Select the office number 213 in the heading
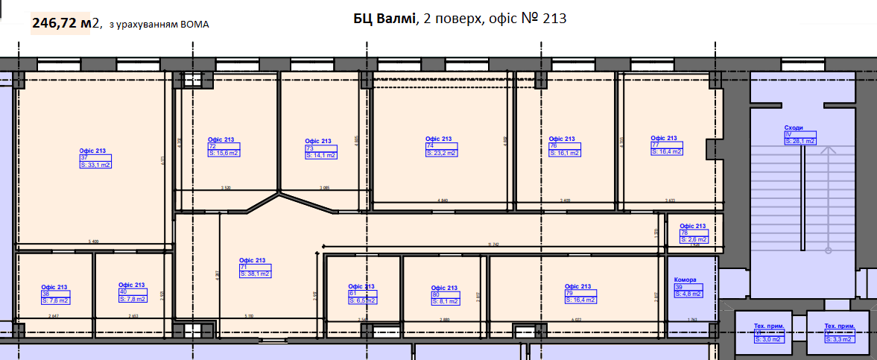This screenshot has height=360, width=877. [555, 19]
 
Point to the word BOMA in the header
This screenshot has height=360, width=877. [194, 25]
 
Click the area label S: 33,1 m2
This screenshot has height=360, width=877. [95, 165]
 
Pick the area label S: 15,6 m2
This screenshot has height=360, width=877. [224, 154]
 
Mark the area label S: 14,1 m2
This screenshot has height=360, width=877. [321, 155]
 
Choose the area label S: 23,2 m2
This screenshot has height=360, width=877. [441, 153]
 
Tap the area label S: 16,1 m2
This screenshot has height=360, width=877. [564, 153]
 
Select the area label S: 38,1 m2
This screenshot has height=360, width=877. [255, 274]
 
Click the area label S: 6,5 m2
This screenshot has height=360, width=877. [363, 300]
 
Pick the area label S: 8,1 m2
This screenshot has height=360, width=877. [445, 302]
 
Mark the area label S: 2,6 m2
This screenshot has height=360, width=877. [693, 240]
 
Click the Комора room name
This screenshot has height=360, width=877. [685, 280]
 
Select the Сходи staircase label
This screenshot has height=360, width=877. [793, 128]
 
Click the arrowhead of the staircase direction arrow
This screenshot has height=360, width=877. [827, 149]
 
